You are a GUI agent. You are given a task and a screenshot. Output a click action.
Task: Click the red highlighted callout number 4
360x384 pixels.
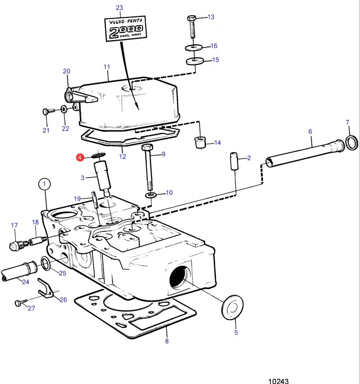80,157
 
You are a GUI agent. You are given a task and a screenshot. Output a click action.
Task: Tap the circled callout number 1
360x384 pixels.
44,184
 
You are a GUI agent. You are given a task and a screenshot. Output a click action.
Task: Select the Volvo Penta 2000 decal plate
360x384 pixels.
126,29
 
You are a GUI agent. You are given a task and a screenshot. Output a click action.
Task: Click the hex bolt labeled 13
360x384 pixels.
192,26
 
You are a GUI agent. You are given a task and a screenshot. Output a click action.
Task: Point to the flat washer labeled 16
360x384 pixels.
193,47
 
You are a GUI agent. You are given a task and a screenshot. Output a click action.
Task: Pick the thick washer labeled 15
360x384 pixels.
195,61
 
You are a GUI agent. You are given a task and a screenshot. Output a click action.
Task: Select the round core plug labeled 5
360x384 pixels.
232,307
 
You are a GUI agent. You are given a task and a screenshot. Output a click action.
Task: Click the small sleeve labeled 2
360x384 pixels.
234,162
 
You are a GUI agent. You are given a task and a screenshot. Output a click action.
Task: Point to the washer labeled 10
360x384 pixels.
151,195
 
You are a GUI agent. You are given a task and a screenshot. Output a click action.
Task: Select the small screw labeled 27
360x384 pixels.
21,303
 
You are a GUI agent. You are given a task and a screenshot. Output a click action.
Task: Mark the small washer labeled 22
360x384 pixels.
64,109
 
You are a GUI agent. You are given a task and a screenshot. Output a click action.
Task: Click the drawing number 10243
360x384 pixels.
279,381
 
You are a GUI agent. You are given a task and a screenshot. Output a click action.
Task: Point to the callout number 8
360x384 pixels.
167,341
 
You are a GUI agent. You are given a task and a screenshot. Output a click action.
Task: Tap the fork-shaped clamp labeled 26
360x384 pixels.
46,287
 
